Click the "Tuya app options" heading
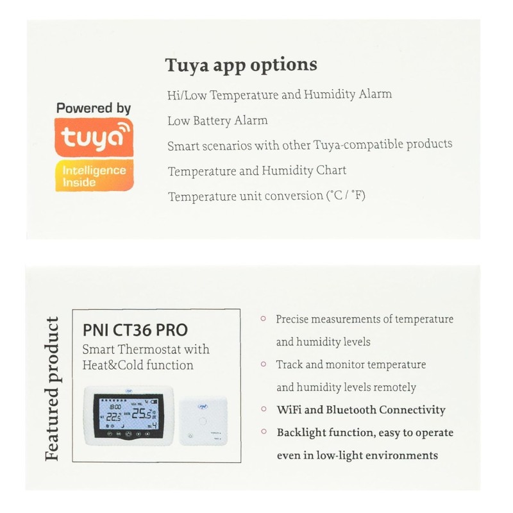click(241, 65)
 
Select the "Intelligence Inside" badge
click(94, 176)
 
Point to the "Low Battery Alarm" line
click(217, 121)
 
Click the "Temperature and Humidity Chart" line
click(256, 171)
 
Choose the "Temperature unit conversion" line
click(266, 196)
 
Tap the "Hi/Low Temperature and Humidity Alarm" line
click(279, 95)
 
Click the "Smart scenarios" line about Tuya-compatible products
click(309, 145)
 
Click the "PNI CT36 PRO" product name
click(135, 330)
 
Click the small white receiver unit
click(204, 421)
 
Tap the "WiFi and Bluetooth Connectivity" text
click(360, 410)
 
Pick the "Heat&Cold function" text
click(138, 366)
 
